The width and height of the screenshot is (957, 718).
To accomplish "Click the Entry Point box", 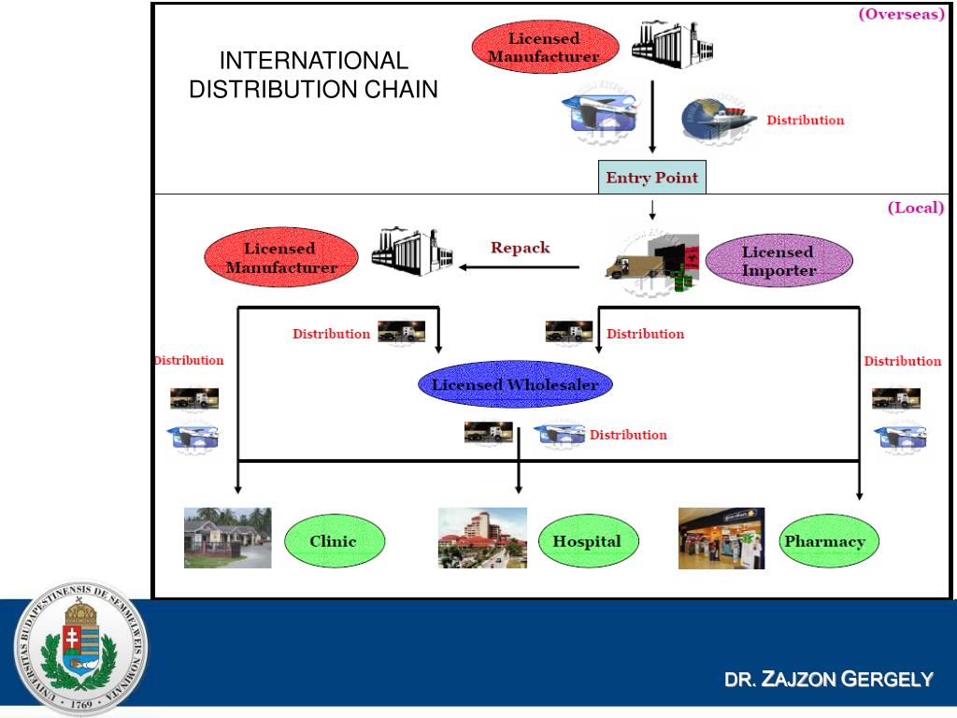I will click(x=652, y=178).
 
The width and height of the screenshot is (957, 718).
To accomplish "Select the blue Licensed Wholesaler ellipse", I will click(x=515, y=384).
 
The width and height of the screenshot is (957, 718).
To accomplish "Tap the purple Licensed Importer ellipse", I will click(x=778, y=261).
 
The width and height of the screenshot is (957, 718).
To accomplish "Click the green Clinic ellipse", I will click(x=333, y=541).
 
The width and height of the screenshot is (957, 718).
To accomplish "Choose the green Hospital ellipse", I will click(x=586, y=541).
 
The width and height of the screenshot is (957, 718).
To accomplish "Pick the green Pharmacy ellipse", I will click(x=824, y=541).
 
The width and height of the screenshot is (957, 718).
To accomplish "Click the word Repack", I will click(x=521, y=248).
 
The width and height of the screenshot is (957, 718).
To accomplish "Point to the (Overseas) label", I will click(x=901, y=14).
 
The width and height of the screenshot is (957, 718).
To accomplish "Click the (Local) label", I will click(x=915, y=208).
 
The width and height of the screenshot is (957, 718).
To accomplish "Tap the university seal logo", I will click(x=80, y=648).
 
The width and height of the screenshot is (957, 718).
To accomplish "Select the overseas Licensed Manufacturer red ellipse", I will click(x=544, y=48).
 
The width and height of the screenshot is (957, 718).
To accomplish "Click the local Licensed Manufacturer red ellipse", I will click(x=281, y=258).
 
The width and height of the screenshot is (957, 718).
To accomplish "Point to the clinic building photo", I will click(x=227, y=538).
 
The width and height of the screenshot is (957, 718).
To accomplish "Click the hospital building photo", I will click(x=482, y=538).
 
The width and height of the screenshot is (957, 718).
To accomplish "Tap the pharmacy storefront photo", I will click(x=721, y=538).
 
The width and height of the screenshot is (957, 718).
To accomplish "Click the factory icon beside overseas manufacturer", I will click(x=665, y=45).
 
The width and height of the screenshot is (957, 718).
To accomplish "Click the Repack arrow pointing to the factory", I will click(x=519, y=267).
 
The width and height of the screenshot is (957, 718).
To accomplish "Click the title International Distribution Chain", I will click(x=313, y=75).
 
